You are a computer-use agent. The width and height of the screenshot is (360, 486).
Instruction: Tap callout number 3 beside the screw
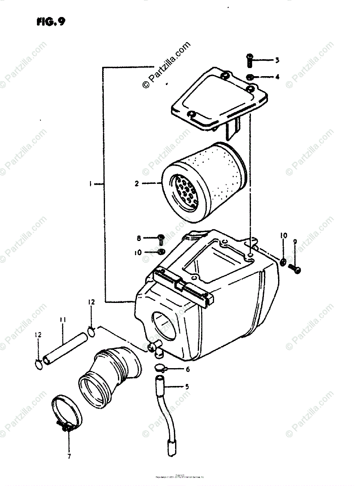277,61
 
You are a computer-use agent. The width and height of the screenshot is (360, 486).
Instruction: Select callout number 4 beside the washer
277,77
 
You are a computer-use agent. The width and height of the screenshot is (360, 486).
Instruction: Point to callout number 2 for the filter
137,183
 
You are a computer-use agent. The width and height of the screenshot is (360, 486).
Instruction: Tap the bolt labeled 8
161,239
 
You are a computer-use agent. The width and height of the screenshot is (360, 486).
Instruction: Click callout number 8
139,238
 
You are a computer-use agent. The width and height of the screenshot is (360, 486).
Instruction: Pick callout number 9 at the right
295,242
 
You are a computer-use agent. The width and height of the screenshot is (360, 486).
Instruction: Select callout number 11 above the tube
63,320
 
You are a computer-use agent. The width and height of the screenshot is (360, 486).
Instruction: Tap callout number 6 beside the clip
187,369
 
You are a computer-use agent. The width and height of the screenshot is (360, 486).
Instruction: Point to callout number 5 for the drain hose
187,387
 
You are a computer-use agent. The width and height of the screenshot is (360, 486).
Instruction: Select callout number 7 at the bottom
69,456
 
